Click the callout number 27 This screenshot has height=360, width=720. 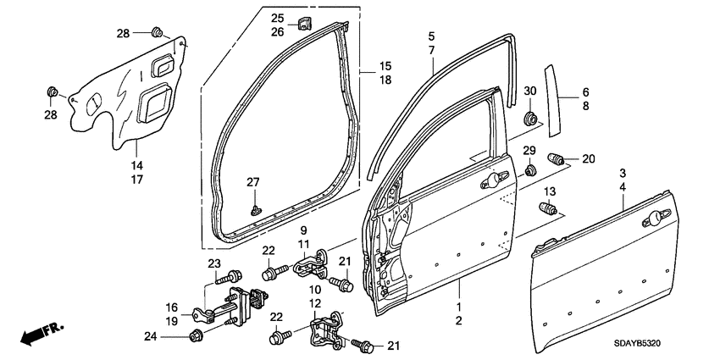coord(251,182)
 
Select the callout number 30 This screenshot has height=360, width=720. coord(530,91)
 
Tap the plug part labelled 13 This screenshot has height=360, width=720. coord(550,210)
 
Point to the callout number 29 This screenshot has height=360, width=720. coord(530,151)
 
